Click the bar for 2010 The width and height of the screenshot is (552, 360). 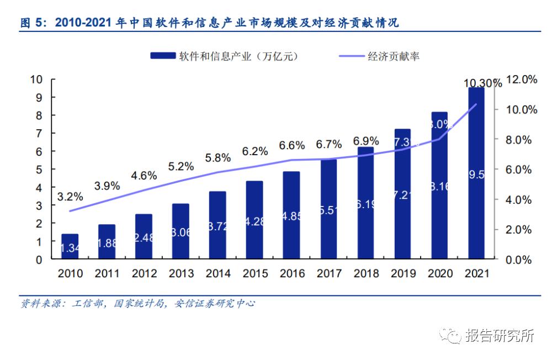click(x=70, y=246)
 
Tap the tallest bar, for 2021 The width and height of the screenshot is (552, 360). click(x=476, y=173)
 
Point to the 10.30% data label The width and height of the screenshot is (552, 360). click(x=482, y=83)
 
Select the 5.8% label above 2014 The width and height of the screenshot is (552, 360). click(x=217, y=158)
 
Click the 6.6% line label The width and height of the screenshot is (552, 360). click(x=291, y=146)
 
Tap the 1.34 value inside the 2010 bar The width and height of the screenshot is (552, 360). click(x=70, y=248)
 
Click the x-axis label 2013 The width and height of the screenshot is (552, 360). click(x=181, y=273)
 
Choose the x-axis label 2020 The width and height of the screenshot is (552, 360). click(x=439, y=273)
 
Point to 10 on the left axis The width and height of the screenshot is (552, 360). click(x=36, y=80)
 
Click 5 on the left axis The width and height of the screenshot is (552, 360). click(x=39, y=170)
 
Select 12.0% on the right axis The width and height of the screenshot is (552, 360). click(x=521, y=80)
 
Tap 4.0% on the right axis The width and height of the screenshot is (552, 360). click(x=521, y=199)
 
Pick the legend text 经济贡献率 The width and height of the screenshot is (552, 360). click(x=394, y=56)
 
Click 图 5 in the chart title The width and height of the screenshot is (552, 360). click(x=34, y=23)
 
